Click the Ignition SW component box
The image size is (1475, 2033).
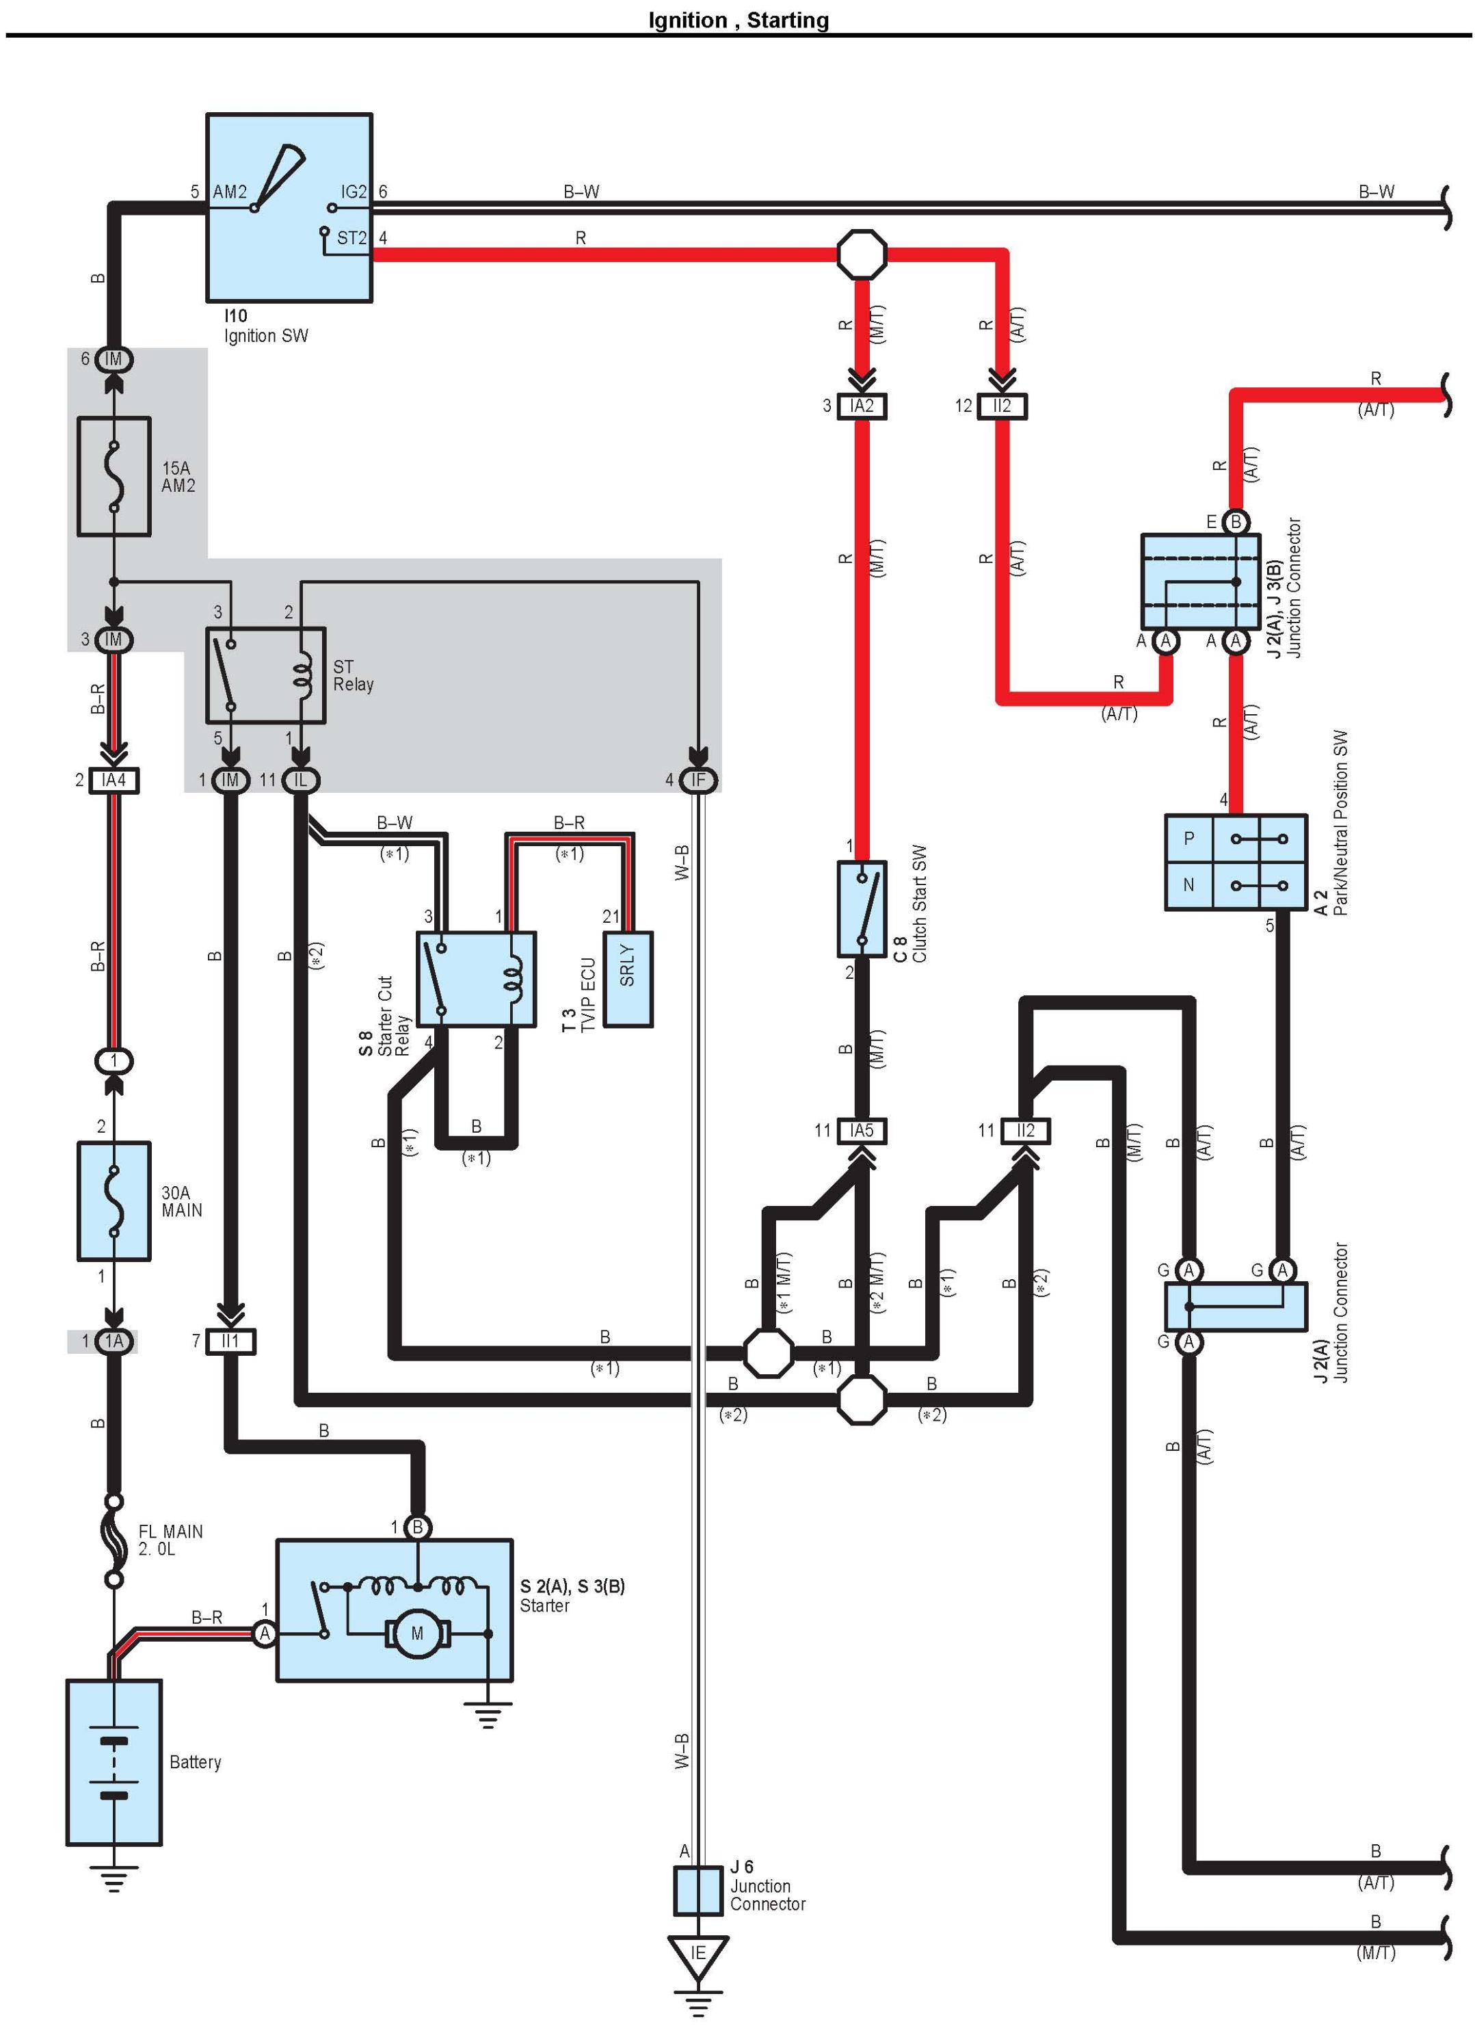tap(289, 207)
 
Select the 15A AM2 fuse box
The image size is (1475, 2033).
tap(114, 476)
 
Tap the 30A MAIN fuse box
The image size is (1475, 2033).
tap(114, 1201)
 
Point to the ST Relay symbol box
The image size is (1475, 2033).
tap(265, 675)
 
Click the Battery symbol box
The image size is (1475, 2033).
tap(114, 1762)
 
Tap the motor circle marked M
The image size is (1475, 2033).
tap(416, 1634)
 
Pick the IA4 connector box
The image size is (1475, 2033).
tap(114, 780)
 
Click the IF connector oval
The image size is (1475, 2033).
tap(697, 780)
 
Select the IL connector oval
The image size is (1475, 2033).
tap(300, 780)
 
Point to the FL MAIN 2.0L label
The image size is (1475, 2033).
tap(170, 1540)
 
